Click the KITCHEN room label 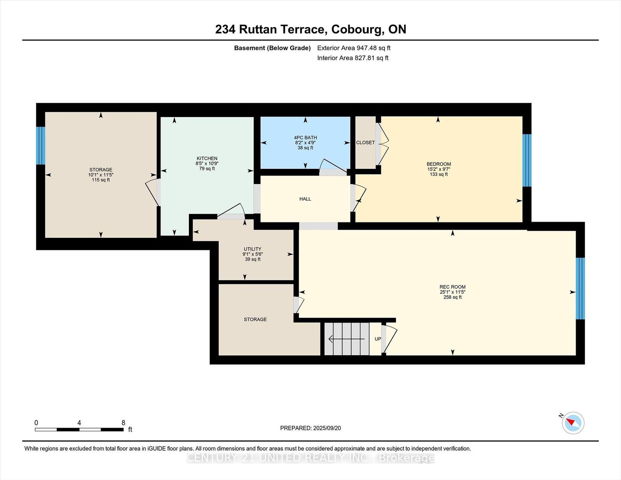point(207,158)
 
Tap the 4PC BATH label point(305,137)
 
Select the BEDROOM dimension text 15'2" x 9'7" point(439,169)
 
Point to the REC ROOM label point(452,287)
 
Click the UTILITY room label point(252,249)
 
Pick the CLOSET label point(366,143)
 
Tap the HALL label point(305,199)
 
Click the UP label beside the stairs point(378,339)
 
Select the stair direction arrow point(346,338)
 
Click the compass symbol point(573,423)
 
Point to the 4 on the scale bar point(79,423)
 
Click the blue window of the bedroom point(527,160)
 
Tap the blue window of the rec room point(580,288)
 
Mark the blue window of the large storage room point(41,146)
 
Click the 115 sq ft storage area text point(101,180)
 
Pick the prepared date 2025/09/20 point(327,428)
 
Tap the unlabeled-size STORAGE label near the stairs point(255,319)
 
